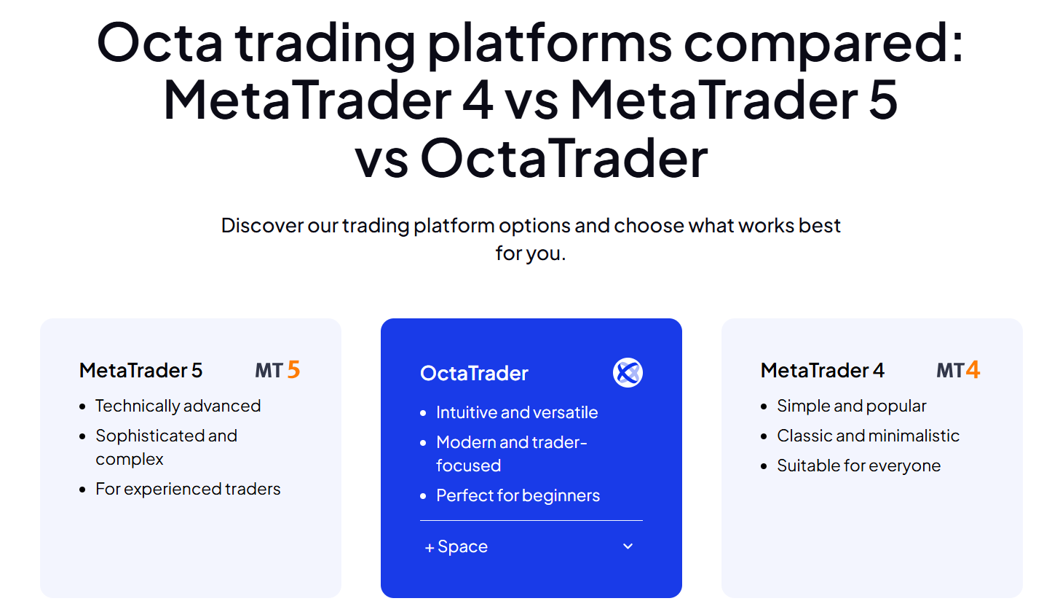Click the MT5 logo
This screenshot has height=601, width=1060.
point(277,370)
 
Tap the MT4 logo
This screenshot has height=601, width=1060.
point(958,370)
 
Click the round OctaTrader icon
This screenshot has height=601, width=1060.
point(628,373)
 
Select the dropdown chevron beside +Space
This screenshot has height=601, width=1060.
point(628,546)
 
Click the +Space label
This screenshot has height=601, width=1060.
point(456,546)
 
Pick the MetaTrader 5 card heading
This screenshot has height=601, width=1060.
point(141,370)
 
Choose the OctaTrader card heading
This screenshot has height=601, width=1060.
point(474,373)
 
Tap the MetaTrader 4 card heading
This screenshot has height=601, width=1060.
point(823,370)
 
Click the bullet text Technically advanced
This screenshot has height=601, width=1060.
point(178,406)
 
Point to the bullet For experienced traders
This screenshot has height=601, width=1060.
point(188,489)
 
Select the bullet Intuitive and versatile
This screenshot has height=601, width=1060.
point(517,412)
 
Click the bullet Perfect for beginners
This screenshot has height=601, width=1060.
point(518,495)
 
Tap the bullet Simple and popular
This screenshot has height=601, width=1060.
point(851,406)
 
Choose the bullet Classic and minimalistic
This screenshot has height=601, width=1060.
point(868,436)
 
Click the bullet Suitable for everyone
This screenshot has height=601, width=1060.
point(858,466)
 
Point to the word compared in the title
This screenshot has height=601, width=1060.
point(823,44)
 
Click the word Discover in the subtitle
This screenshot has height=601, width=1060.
point(262,225)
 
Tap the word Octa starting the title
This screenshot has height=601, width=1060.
point(159,43)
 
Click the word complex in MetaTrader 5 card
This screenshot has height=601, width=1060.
point(129,460)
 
